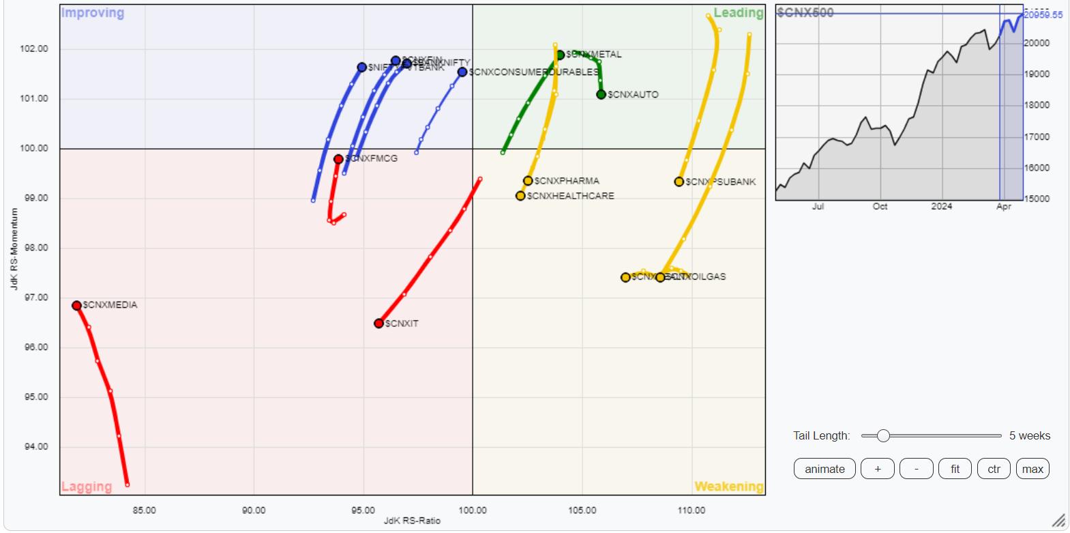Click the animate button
click(824, 469)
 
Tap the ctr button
click(994, 469)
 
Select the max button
click(1032, 469)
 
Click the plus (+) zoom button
click(877, 469)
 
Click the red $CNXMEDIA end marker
click(77, 306)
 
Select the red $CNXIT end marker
click(379, 323)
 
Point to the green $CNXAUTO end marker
click(601, 94)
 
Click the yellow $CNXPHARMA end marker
click(528, 181)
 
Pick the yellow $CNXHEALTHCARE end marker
click(520, 196)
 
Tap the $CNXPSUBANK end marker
click(679, 182)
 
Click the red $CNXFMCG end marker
click(338, 159)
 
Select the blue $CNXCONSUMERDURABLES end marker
click(462, 72)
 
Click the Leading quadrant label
click(738, 13)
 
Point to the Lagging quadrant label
click(87, 487)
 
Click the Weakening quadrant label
click(728, 487)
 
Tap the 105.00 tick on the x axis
click(582, 510)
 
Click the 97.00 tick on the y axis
click(38, 298)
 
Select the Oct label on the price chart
click(880, 206)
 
